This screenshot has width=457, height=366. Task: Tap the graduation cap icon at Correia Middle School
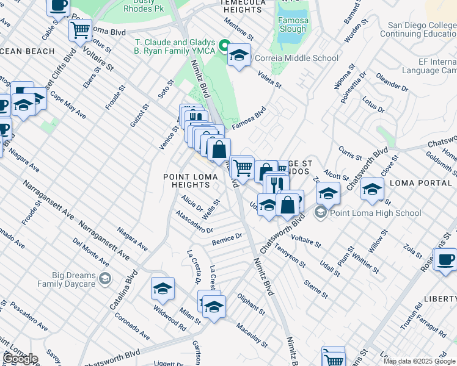[x=239, y=56]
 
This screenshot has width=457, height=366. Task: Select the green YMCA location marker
[x=224, y=46]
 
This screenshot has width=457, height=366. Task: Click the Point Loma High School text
[x=375, y=213]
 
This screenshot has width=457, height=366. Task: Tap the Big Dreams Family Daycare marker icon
[x=105, y=279]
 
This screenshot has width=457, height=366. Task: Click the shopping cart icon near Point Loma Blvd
[x=80, y=29]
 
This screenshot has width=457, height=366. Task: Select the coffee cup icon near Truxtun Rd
[x=446, y=259]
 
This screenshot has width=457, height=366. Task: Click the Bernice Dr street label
[x=227, y=240]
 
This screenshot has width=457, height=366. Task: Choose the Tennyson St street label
[x=290, y=254]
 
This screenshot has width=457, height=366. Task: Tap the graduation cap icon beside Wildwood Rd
[x=163, y=289]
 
